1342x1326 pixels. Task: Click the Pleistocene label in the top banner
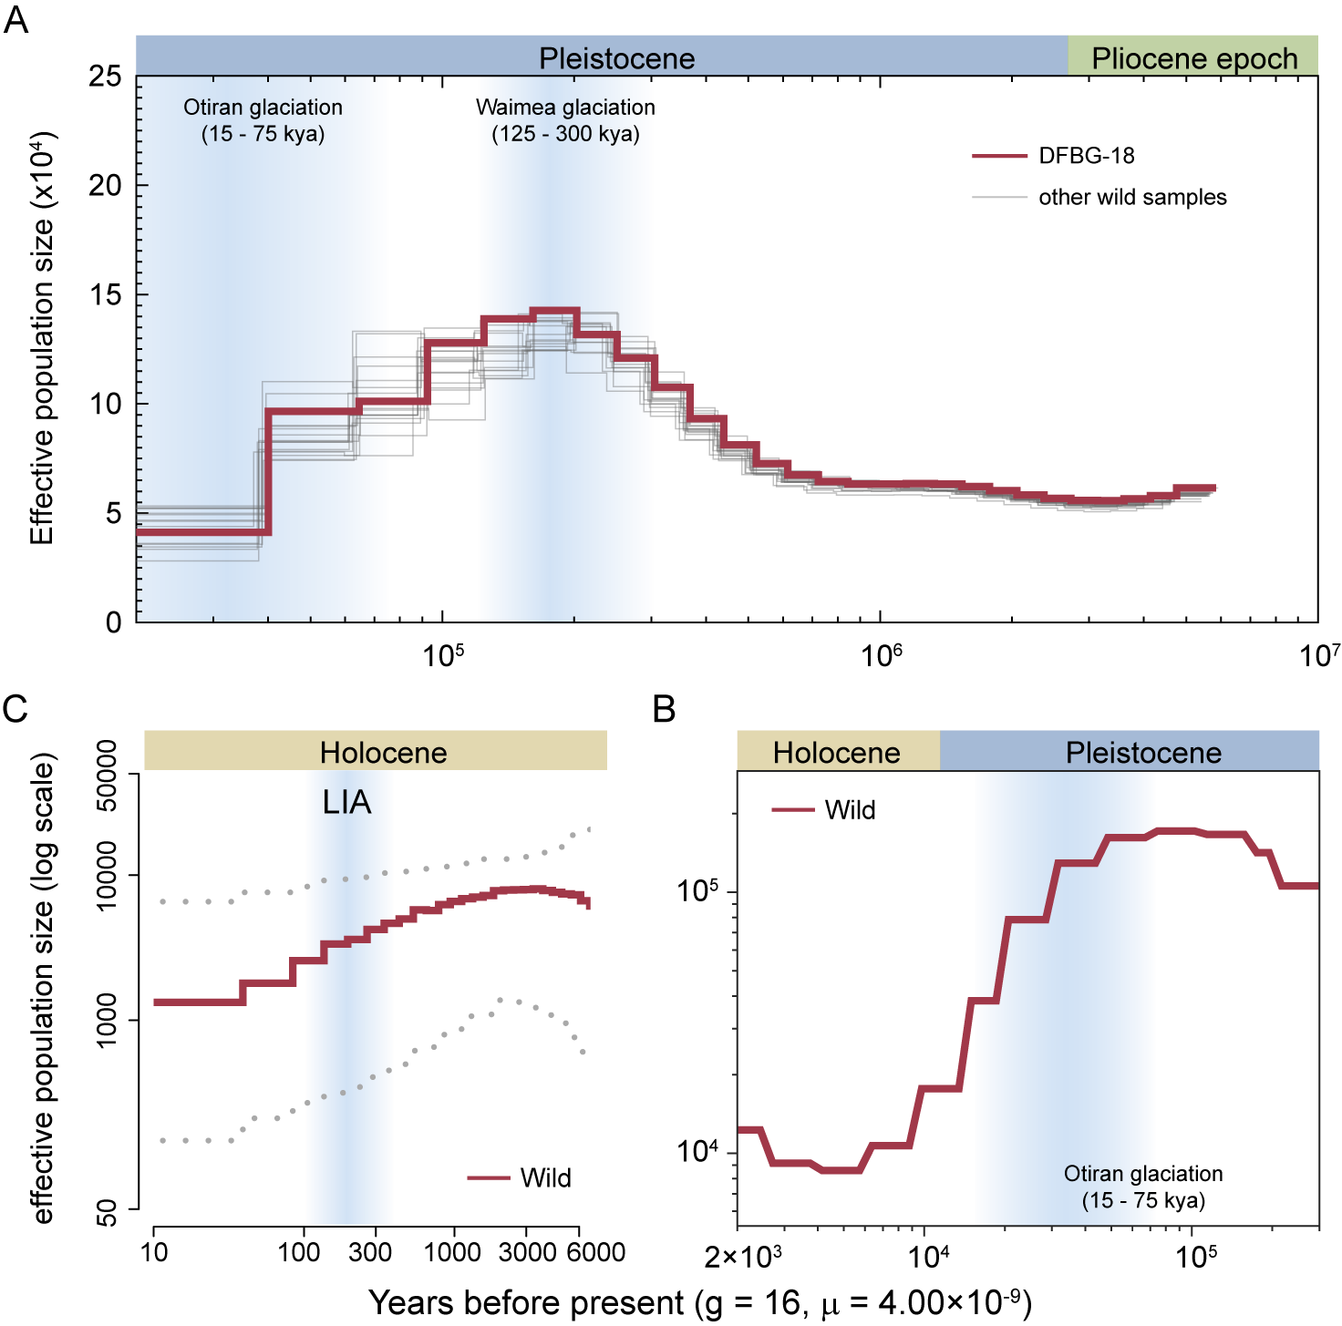point(616,58)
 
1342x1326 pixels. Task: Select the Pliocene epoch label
point(1193,58)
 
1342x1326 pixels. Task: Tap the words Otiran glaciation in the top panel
point(263,108)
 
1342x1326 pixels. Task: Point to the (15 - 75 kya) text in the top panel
point(263,134)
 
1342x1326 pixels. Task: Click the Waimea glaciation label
point(565,108)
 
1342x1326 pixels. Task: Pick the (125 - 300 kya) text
point(565,134)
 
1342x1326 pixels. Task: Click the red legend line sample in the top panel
point(999,157)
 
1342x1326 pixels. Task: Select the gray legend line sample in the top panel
point(999,197)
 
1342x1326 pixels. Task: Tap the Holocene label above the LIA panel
point(383,753)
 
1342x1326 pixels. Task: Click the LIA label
point(347,802)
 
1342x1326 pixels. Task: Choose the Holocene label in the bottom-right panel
point(836,753)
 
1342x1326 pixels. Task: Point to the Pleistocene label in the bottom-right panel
point(1143,753)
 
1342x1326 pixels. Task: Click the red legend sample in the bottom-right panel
point(792,809)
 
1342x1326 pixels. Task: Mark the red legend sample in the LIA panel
point(488,1177)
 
